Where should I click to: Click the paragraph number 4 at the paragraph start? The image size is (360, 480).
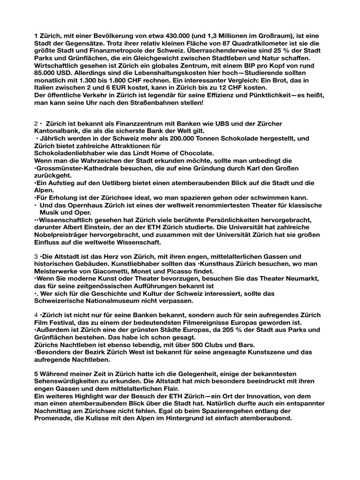[36, 315]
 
